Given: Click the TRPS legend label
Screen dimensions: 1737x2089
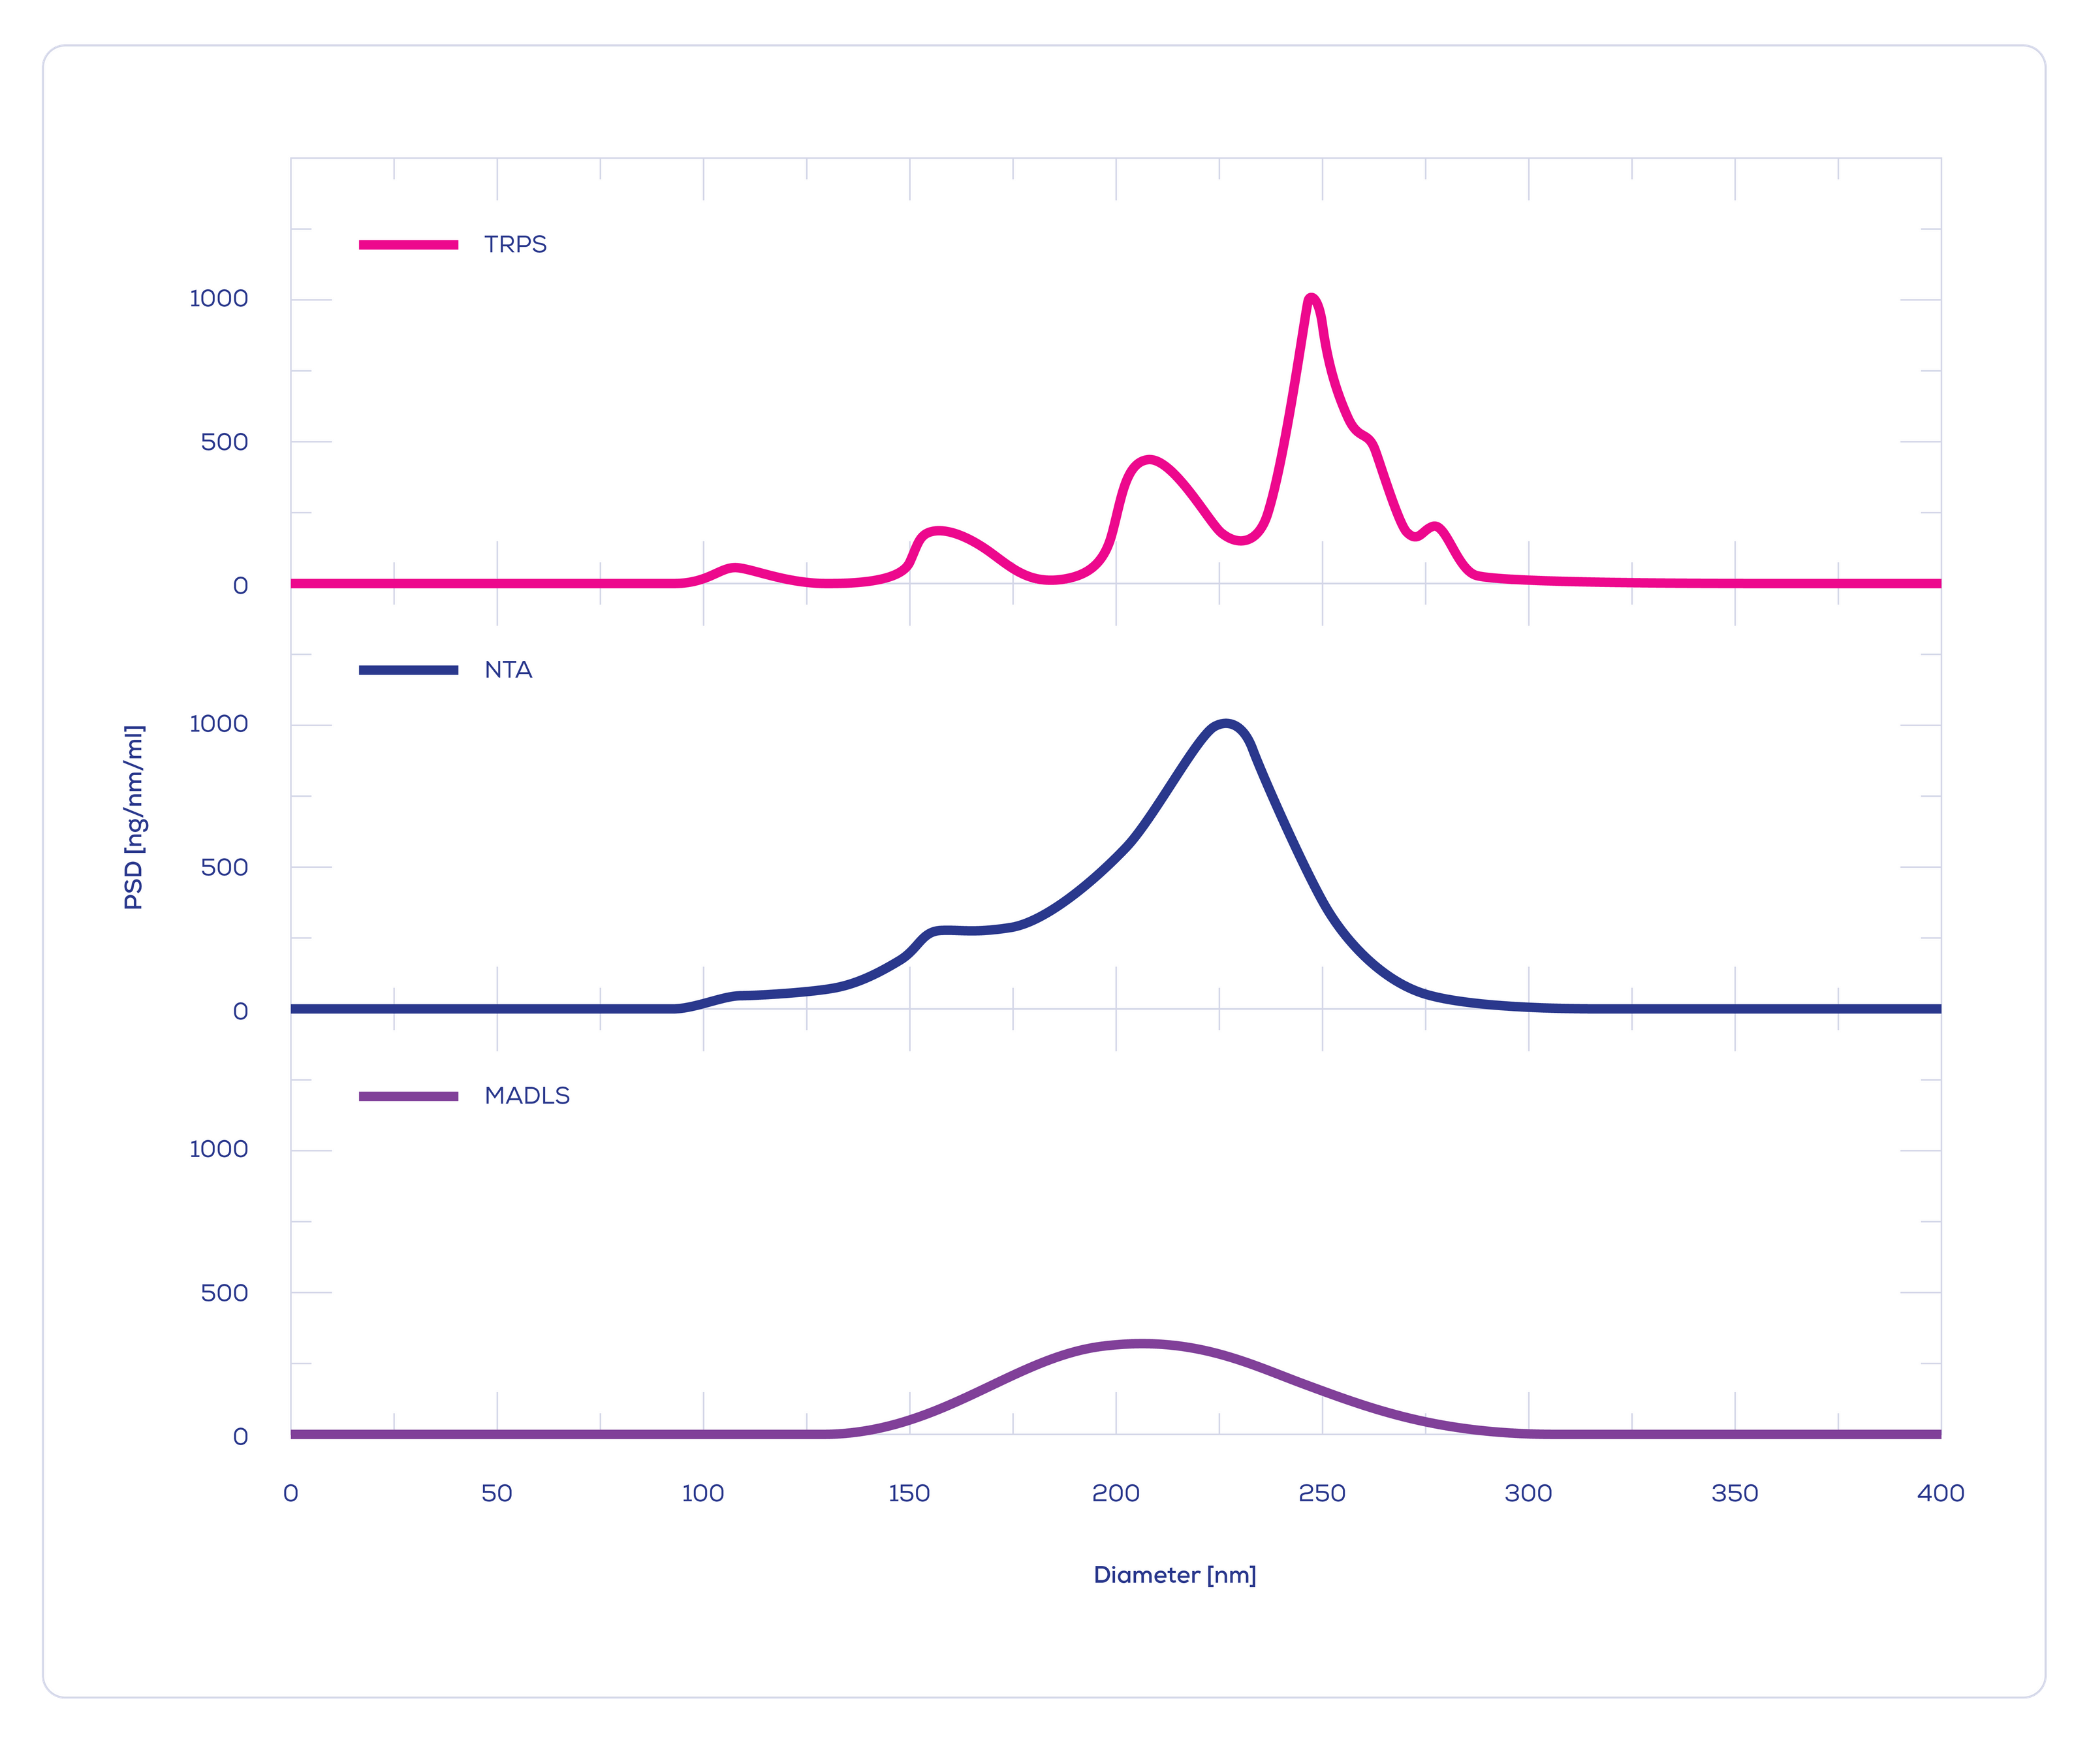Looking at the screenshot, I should pos(515,245).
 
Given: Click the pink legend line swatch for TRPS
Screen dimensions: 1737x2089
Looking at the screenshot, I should pos(409,245).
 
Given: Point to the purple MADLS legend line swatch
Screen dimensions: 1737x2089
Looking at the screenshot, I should pos(409,1096).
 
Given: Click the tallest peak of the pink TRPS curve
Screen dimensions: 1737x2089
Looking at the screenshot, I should pos(1311,298).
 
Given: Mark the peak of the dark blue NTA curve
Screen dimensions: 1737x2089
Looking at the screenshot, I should pos(1225,724).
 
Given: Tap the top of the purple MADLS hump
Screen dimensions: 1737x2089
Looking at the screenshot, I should pos(1141,1344).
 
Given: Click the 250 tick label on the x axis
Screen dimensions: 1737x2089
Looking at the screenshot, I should pos(1322,1493).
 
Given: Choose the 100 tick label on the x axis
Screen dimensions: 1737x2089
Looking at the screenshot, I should pos(703,1493).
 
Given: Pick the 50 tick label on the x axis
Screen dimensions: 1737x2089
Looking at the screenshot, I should pos(496,1493).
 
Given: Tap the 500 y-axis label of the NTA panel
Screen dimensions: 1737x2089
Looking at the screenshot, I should pos(225,867).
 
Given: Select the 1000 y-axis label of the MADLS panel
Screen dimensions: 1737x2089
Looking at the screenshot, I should pos(219,1150).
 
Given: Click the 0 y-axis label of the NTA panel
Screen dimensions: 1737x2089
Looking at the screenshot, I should pos(241,1012).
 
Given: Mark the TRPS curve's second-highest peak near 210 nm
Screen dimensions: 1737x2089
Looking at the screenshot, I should pos(1149,460).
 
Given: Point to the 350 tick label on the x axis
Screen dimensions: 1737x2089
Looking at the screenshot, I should pos(1735,1493).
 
